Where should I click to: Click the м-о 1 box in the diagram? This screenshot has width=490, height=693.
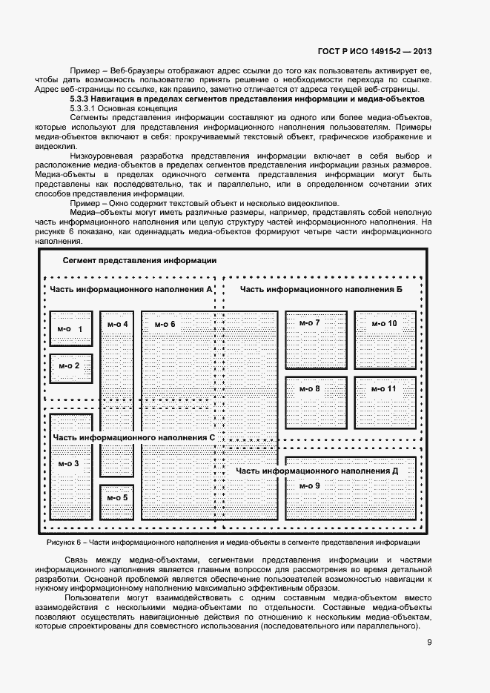click(x=70, y=328)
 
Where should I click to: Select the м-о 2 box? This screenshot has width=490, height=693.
click(x=70, y=365)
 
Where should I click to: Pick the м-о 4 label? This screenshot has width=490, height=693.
click(x=117, y=324)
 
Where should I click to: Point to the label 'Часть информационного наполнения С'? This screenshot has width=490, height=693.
click(x=133, y=437)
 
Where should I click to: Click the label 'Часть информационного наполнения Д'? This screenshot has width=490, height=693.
click(x=317, y=471)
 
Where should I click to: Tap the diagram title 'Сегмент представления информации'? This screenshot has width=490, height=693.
click(x=139, y=260)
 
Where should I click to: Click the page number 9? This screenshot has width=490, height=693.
click(x=429, y=642)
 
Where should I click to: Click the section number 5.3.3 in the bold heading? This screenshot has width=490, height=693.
click(x=82, y=98)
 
